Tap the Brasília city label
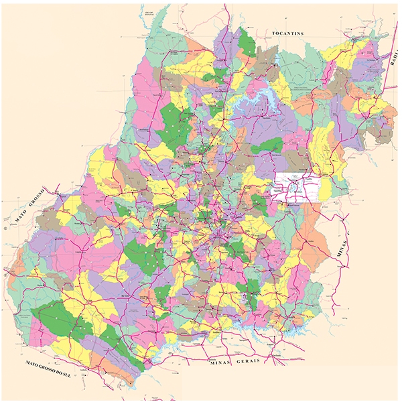(x=295, y=188)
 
